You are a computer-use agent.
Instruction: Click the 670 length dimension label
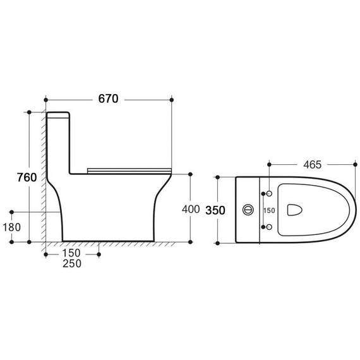pyautogui.click(x=108, y=99)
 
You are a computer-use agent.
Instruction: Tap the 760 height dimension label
pyautogui.click(x=27, y=177)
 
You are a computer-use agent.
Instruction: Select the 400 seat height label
pyautogui.click(x=191, y=209)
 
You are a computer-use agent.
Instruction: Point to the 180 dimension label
pyautogui.click(x=12, y=227)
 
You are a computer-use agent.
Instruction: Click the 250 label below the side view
pyautogui.click(x=72, y=263)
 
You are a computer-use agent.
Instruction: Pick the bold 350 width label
pyautogui.click(x=215, y=210)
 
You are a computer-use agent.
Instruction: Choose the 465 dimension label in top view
pyautogui.click(x=313, y=165)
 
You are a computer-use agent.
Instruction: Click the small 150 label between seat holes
pyautogui.click(x=269, y=210)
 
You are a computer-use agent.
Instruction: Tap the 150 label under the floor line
pyautogui.click(x=71, y=253)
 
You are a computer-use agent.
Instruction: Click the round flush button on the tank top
pyautogui.click(x=248, y=210)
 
